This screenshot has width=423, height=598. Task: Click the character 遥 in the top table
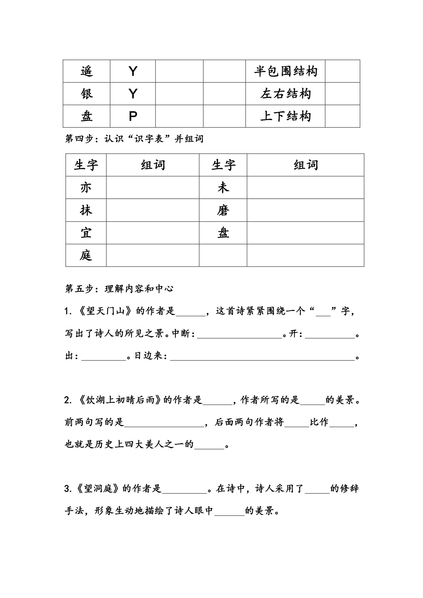coord(86,71)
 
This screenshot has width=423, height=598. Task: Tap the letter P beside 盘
coord(133,117)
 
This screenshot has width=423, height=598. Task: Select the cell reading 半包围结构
coord(286,71)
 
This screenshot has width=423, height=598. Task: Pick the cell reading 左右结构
coord(286,94)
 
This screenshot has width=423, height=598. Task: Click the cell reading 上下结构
coord(286,116)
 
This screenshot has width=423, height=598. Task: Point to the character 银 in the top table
coord(86,94)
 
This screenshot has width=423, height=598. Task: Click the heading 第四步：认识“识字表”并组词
coord(134,139)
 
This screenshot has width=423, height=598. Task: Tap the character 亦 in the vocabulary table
coord(86,188)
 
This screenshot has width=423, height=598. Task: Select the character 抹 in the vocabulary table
coord(86,210)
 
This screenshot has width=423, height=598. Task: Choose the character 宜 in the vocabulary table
coord(86,233)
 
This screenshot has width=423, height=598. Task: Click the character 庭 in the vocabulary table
coord(86,255)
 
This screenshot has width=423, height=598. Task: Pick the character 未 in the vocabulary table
coord(223,188)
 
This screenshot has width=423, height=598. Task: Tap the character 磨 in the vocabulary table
coord(223,210)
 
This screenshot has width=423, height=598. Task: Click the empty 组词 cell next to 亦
coord(152,188)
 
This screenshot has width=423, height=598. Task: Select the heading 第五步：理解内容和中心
coord(119,289)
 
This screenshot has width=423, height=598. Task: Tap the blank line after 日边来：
coord(262,357)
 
